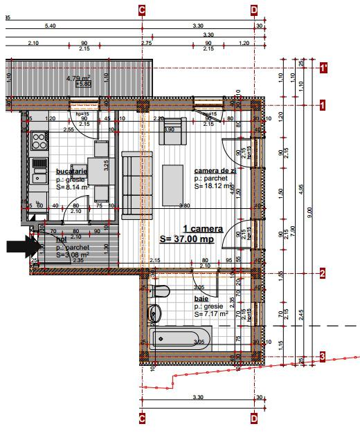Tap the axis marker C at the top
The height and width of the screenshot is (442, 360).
(x=142, y=9)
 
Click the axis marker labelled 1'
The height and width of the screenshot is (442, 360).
(x=323, y=68)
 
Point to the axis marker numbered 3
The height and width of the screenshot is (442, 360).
(x=323, y=356)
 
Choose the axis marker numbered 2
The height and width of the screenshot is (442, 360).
(x=323, y=273)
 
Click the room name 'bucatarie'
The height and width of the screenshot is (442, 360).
(x=71, y=171)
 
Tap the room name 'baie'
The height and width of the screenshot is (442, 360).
(x=201, y=298)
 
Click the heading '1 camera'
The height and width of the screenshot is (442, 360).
(x=202, y=228)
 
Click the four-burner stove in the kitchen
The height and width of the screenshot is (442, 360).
(x=38, y=142)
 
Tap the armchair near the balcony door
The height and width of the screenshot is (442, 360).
(x=173, y=130)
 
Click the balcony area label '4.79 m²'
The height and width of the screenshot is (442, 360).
(x=78, y=78)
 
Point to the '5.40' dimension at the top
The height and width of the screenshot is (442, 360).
(x=50, y=26)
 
